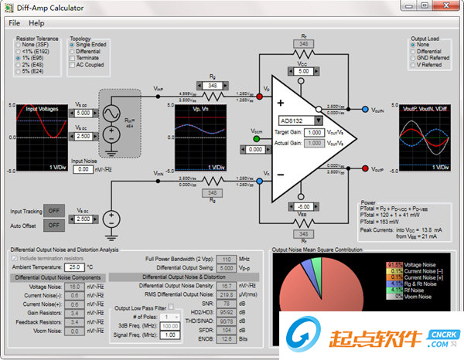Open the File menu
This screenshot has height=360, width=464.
(15, 23)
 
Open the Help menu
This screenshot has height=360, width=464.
(37, 23)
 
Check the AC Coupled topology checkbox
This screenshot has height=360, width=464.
(73, 65)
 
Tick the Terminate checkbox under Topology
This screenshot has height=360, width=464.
(73, 58)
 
